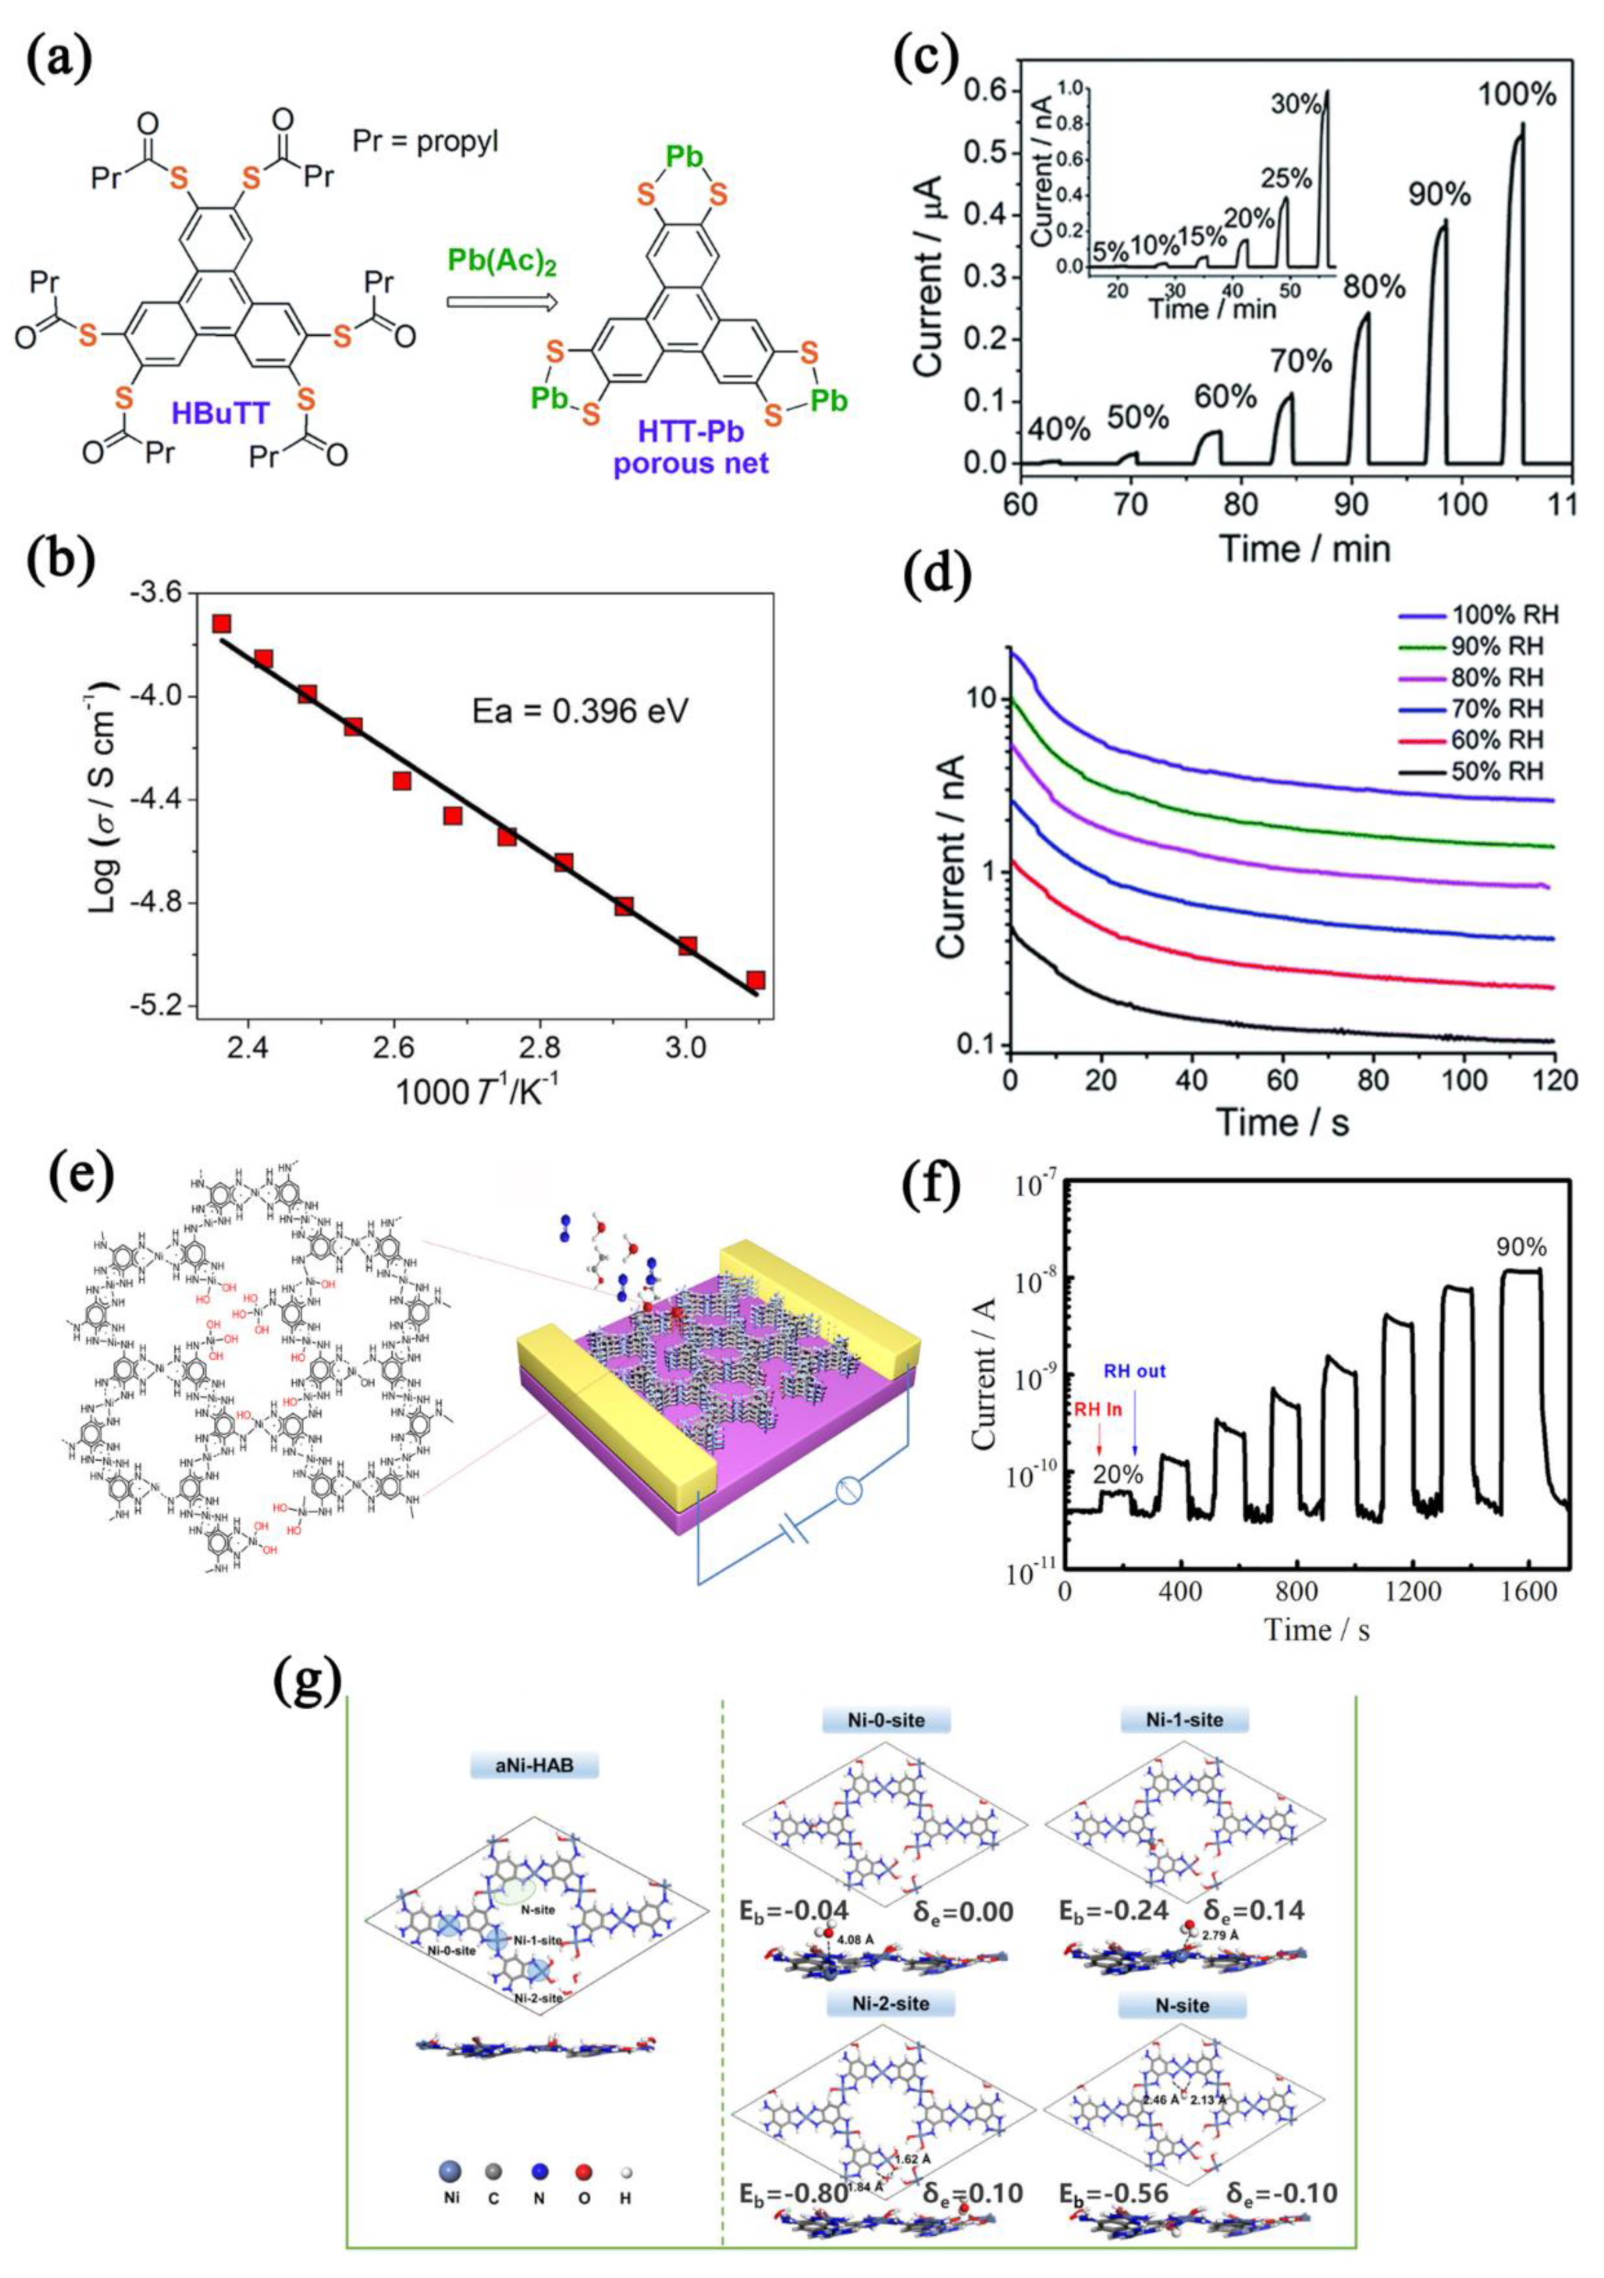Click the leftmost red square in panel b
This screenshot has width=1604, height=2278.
coord(220,623)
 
